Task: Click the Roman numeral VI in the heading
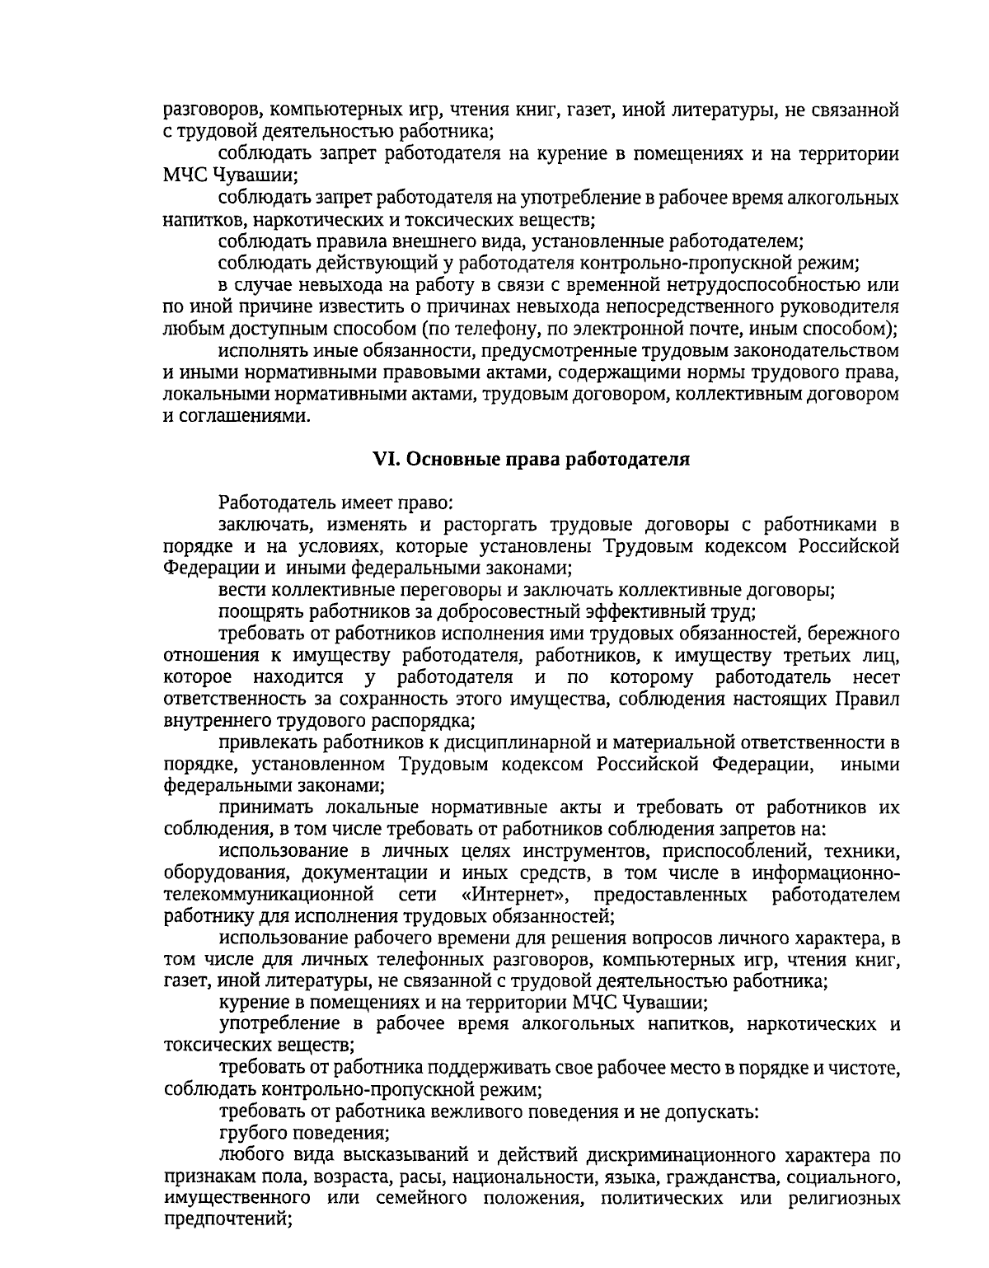385,460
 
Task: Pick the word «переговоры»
448,590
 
